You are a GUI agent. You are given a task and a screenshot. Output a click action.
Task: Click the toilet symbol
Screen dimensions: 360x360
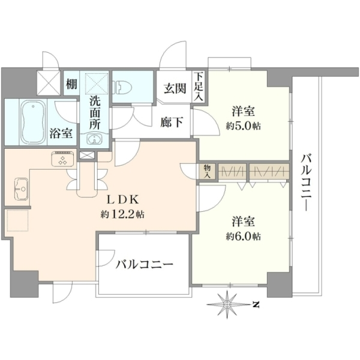122,87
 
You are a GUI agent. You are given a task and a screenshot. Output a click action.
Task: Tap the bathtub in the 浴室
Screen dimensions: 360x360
33,122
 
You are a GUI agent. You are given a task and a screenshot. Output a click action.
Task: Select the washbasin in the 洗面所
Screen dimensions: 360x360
94,139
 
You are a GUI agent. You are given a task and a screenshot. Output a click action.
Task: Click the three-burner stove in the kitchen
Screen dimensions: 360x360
62,158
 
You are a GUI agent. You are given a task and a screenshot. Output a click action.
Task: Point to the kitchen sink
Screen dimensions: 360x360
21,189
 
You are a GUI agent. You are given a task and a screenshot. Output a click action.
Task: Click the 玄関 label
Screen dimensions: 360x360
175,88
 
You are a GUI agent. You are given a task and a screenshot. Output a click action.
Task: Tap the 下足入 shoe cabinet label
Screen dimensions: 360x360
199,86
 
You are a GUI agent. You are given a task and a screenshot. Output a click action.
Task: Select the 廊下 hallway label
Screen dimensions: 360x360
172,122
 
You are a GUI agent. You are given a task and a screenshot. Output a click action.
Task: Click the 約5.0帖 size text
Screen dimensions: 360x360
244,126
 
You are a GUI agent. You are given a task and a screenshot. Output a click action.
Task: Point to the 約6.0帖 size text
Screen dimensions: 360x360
244,236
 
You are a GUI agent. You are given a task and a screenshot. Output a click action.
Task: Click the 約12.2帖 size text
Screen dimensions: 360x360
122,214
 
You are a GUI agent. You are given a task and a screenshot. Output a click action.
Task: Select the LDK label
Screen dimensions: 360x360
122,200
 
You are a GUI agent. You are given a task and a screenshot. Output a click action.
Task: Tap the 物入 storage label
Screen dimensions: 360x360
208,172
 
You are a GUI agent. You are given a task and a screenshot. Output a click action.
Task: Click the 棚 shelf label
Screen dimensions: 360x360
71,84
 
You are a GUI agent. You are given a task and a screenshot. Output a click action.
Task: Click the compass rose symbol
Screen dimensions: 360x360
227,304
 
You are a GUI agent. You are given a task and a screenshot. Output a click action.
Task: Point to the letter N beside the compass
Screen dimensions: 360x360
256,305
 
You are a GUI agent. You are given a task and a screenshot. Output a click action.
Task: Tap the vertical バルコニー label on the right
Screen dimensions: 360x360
307,182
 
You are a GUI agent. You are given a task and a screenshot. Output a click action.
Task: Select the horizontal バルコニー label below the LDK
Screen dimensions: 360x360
145,265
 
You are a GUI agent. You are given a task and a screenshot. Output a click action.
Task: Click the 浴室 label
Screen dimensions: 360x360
61,133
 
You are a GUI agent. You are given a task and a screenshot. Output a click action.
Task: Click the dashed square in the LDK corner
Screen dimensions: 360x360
17,220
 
